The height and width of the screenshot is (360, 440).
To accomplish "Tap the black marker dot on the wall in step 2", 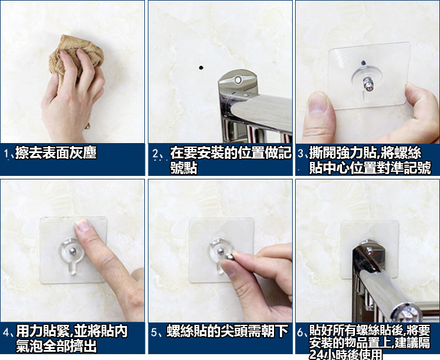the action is coord(201,67).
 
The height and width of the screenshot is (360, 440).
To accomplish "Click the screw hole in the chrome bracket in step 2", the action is coord(238,80).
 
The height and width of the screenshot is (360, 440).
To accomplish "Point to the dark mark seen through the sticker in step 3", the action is coord(363,62).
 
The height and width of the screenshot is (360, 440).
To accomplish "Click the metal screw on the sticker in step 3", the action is coord(368,84).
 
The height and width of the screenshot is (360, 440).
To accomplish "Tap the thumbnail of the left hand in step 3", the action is coord(317,103).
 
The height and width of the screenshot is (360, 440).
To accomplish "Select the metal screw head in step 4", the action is coord(72,251).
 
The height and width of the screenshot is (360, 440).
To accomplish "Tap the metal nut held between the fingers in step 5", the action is coord(228,256).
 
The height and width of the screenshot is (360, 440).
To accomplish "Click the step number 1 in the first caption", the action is coord(6,154).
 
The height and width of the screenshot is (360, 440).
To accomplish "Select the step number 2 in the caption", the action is coord(155,154).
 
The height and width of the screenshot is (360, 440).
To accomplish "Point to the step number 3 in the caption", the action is coord(301,154).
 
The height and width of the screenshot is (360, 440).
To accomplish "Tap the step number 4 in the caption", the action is coord(6,332).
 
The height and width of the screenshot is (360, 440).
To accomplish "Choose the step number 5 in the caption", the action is coord(154,332).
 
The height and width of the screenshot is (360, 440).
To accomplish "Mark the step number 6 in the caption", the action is coord(300,332).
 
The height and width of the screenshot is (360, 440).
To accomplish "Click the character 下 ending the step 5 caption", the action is coord(282,331).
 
